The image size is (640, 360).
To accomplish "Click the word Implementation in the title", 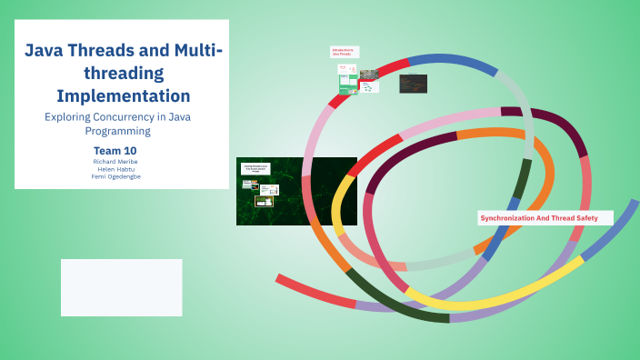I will click(123, 95).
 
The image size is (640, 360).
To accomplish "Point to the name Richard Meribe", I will click(115, 161).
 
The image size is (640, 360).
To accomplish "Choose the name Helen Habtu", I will click(115, 169).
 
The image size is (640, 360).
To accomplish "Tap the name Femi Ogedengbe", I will click(115, 176).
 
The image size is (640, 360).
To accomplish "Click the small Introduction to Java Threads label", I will click(343, 53).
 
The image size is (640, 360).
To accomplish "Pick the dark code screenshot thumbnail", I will click(413, 84).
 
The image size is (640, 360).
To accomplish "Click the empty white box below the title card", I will click(121, 287).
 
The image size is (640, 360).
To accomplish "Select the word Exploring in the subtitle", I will click(71, 116).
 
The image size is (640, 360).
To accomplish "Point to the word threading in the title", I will click(123, 73).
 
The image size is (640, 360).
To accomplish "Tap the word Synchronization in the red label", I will click(517, 218).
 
